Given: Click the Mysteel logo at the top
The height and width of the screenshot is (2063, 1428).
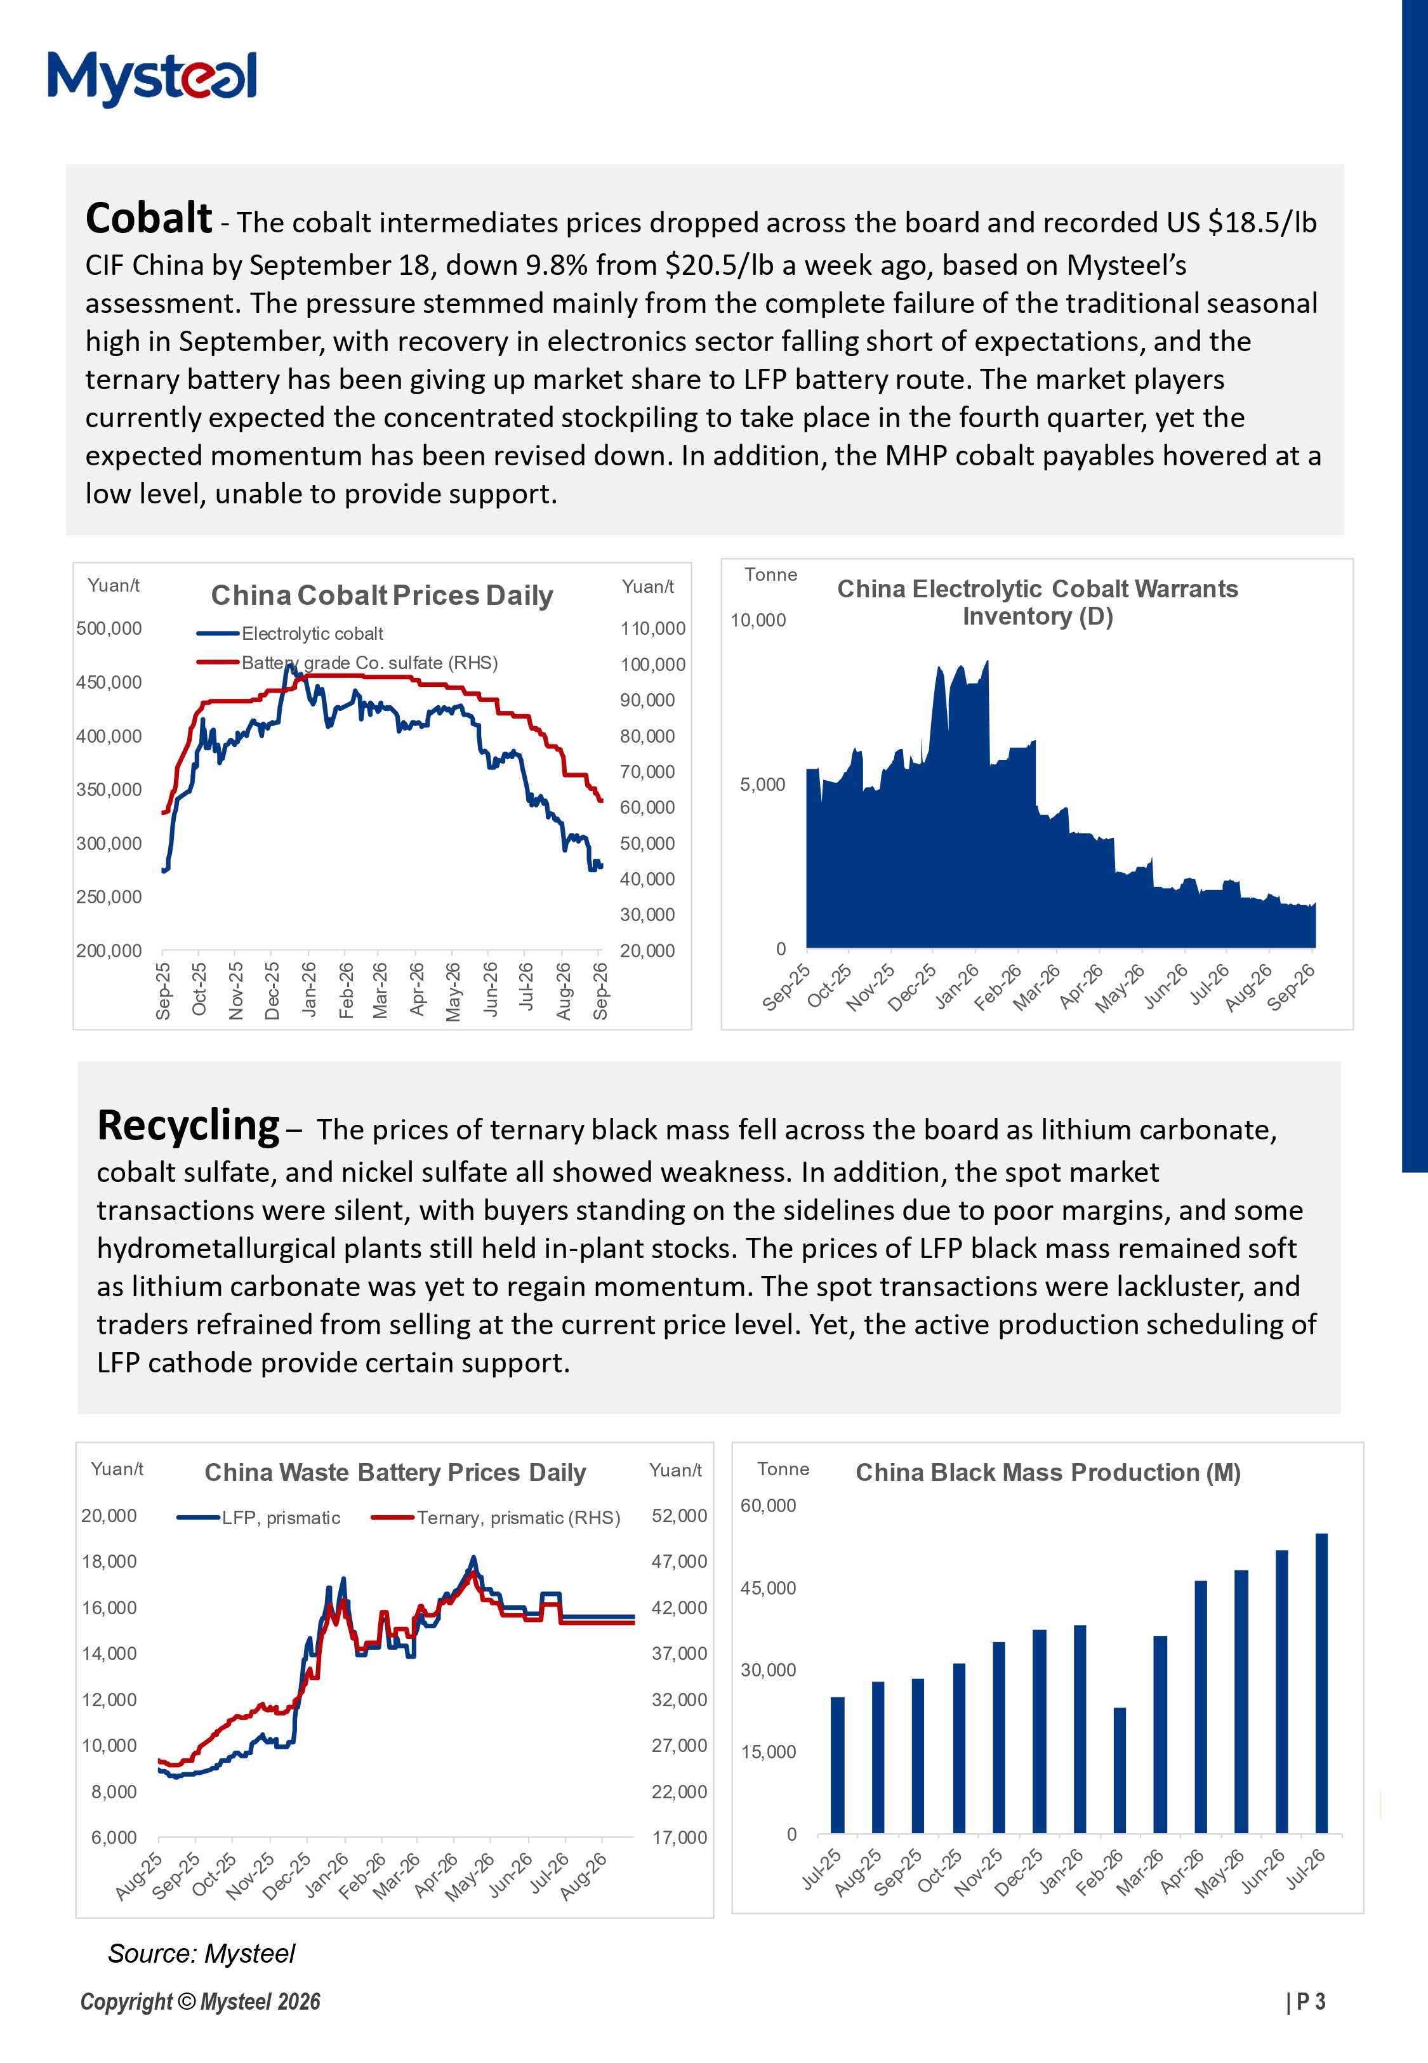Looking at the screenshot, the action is click(x=152, y=78).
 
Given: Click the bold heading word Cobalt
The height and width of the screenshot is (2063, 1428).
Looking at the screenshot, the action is click(x=149, y=218).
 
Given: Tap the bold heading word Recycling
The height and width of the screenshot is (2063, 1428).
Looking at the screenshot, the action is click(x=188, y=1126).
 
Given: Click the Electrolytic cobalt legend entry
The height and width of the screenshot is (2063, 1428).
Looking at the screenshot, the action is click(x=290, y=633).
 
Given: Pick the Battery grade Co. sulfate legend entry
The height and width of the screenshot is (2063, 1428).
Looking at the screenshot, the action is click(x=347, y=663).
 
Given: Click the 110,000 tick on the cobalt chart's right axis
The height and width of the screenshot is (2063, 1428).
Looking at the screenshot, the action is click(x=653, y=629).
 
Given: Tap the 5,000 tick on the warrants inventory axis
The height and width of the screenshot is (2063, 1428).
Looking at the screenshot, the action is click(x=762, y=785).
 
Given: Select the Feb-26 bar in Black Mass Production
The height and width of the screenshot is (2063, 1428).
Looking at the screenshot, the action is click(x=1120, y=1770).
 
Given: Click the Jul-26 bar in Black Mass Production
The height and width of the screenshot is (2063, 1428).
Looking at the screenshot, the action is click(x=1321, y=1683).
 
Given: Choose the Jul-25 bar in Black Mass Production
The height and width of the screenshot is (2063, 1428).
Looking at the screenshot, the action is click(x=838, y=1765).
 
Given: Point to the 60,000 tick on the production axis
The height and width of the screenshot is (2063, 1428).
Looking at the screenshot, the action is click(x=768, y=1506).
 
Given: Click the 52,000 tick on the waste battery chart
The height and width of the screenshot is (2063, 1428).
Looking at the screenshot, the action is click(x=679, y=1515).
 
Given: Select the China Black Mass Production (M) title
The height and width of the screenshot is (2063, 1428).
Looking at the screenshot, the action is click(x=1048, y=1473).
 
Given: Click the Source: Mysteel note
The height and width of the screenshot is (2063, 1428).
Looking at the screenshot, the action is click(x=201, y=1954).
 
